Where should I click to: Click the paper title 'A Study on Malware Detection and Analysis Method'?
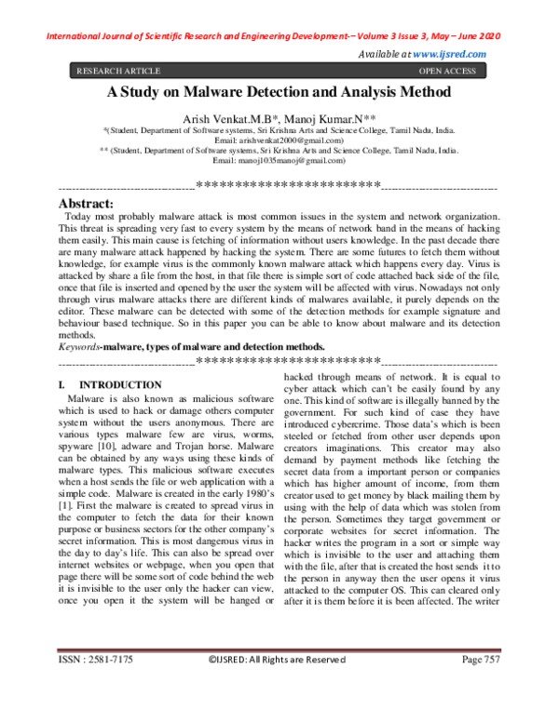279,93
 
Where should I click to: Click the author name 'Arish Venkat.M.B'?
239,118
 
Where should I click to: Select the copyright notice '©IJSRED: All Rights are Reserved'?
277,686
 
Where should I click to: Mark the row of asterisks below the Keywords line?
288,359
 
